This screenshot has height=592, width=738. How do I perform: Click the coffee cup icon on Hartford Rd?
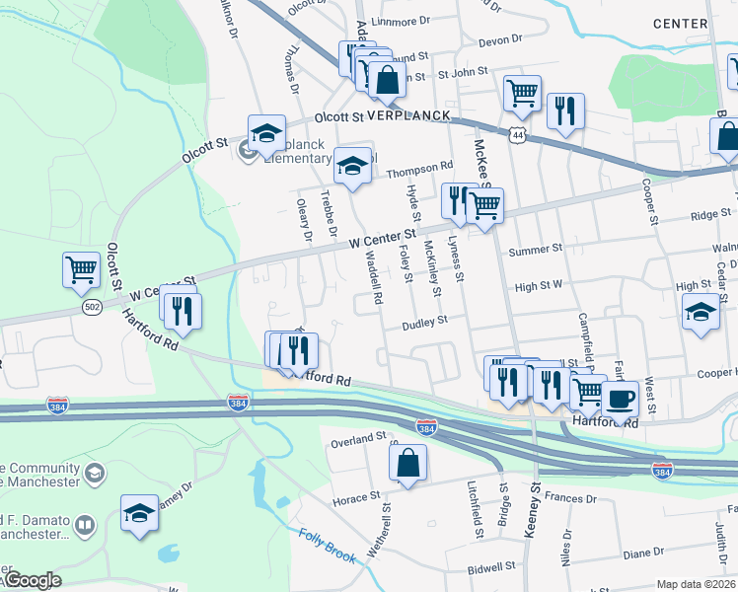[621, 398]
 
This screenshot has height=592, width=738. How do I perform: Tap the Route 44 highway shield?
[518, 132]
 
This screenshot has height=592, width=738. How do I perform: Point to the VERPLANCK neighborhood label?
[408, 115]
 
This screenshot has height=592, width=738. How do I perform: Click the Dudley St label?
[425, 321]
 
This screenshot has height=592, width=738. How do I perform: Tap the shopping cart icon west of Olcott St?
[81, 269]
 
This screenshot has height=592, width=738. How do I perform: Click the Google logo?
[32, 580]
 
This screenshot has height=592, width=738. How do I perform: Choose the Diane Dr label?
[643, 554]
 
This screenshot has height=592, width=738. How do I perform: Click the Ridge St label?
[710, 214]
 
